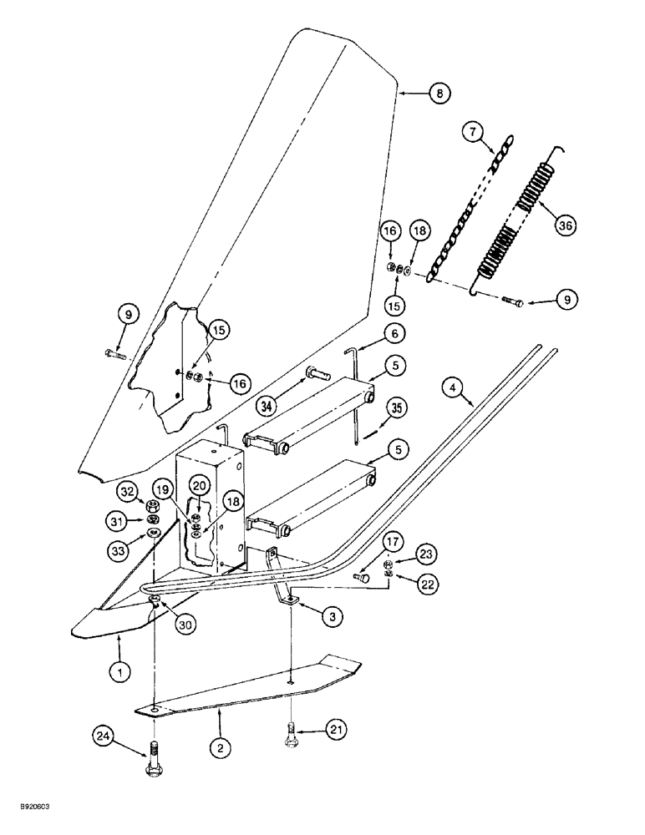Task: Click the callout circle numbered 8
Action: tap(437, 94)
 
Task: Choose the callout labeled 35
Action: tap(396, 408)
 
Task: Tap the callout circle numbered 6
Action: tap(398, 332)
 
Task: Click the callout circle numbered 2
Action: tap(220, 749)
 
